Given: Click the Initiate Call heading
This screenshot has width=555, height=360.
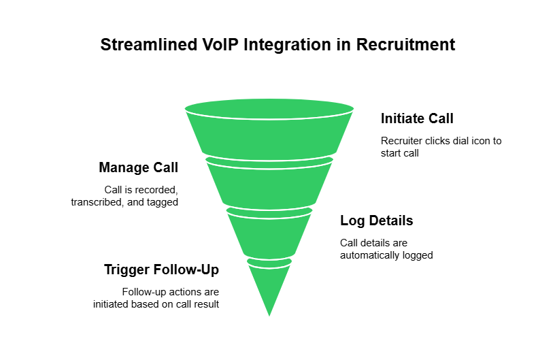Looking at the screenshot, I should pyautogui.click(x=416, y=118).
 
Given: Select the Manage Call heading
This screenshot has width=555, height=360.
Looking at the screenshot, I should pyautogui.click(x=138, y=167).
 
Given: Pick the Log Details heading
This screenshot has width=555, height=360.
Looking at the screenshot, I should pyautogui.click(x=376, y=220).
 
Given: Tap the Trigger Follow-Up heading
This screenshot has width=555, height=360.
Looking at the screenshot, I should pyautogui.click(x=161, y=269).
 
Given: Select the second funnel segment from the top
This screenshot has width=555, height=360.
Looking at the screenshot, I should pyautogui.click(x=269, y=182).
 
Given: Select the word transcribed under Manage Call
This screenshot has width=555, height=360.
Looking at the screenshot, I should pyautogui.click(x=100, y=202).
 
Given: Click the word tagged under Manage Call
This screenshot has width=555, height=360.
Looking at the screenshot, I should pyautogui.click(x=163, y=202).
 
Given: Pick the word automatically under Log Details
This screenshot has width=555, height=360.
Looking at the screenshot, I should pyautogui.click(x=370, y=255).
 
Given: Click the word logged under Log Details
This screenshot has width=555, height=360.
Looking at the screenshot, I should pyautogui.click(x=418, y=255).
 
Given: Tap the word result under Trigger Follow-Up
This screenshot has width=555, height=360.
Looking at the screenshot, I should pyautogui.click(x=205, y=304).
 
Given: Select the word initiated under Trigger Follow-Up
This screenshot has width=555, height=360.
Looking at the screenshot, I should pyautogui.click(x=112, y=304).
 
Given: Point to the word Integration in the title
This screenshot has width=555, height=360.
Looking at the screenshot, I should pyautogui.click(x=273, y=45).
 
